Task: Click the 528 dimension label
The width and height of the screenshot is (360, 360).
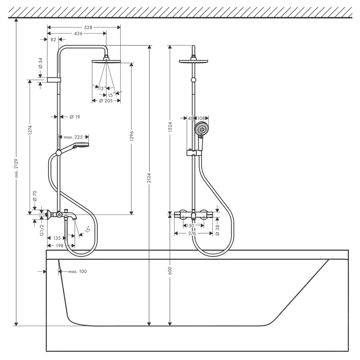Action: click(x=88, y=27)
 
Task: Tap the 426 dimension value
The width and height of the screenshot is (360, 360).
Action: click(x=78, y=33)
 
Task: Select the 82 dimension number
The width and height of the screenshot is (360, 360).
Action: click(x=53, y=40)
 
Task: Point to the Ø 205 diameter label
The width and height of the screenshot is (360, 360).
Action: click(x=106, y=100)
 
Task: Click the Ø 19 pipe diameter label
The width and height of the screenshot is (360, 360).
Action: click(x=75, y=117)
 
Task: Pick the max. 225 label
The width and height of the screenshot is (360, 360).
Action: click(x=73, y=137)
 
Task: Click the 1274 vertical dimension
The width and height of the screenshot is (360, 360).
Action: click(x=30, y=130)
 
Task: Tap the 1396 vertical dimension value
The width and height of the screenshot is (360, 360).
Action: click(x=131, y=136)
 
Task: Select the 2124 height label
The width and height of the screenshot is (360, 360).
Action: click(x=149, y=178)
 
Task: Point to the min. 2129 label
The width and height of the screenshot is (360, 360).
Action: click(x=16, y=168)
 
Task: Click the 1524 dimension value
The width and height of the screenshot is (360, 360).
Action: click(x=170, y=127)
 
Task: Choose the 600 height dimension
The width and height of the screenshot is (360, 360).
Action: click(x=170, y=271)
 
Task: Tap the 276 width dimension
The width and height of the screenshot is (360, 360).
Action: click(x=192, y=234)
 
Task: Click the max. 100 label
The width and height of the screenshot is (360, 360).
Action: click(x=78, y=271)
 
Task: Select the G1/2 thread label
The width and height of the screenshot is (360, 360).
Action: click(x=42, y=230)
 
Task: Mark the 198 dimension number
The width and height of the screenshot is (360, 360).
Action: click(x=60, y=246)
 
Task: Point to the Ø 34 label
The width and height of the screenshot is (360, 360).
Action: click(x=40, y=63)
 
